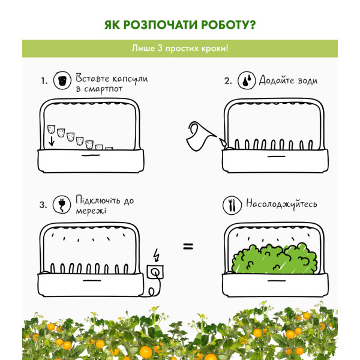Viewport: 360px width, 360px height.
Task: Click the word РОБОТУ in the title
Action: tap(228, 25)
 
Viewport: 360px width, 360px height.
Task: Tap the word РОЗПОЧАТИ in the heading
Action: tap(160, 25)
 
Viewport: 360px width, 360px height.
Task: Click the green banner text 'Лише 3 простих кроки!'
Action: tap(180, 49)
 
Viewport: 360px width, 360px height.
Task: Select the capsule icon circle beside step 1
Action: tap(62, 80)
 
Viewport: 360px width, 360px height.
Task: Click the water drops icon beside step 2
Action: tap(247, 80)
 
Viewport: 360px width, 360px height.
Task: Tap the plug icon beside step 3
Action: tap(62, 205)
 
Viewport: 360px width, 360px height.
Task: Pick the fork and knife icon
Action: tap(232, 205)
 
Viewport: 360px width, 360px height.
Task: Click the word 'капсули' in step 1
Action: tap(130, 79)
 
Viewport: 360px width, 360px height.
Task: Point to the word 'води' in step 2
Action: tap(307, 80)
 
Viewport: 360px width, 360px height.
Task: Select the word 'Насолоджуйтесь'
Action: tap(281, 204)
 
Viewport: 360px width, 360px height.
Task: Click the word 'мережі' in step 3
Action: tap(91, 211)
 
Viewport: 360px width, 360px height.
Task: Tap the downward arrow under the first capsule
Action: tap(52, 141)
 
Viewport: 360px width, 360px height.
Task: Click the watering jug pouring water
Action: tap(202, 136)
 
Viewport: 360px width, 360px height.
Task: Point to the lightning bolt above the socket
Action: tap(157, 255)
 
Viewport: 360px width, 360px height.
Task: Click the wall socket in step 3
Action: tap(155, 272)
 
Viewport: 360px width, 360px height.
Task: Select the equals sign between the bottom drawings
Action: tap(188, 247)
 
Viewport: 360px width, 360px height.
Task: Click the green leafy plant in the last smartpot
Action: tap(275, 259)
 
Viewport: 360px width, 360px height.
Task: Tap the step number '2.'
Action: tap(228, 81)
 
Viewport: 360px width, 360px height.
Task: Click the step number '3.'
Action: tap(43, 205)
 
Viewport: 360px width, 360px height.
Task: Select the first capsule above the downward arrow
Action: tap(51, 129)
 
